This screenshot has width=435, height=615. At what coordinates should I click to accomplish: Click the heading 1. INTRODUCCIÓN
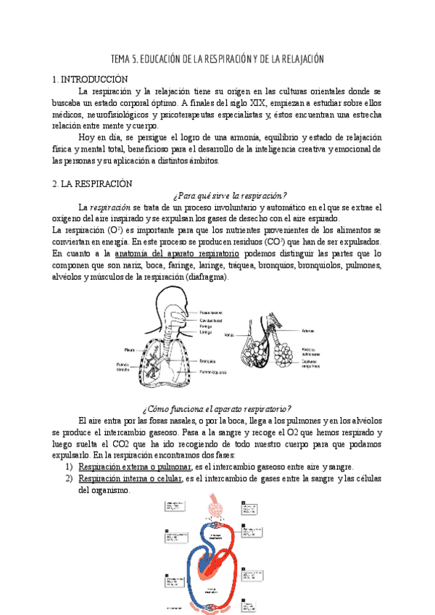click(x=91, y=79)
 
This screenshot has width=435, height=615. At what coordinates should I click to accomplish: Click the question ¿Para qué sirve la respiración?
click(x=231, y=195)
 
